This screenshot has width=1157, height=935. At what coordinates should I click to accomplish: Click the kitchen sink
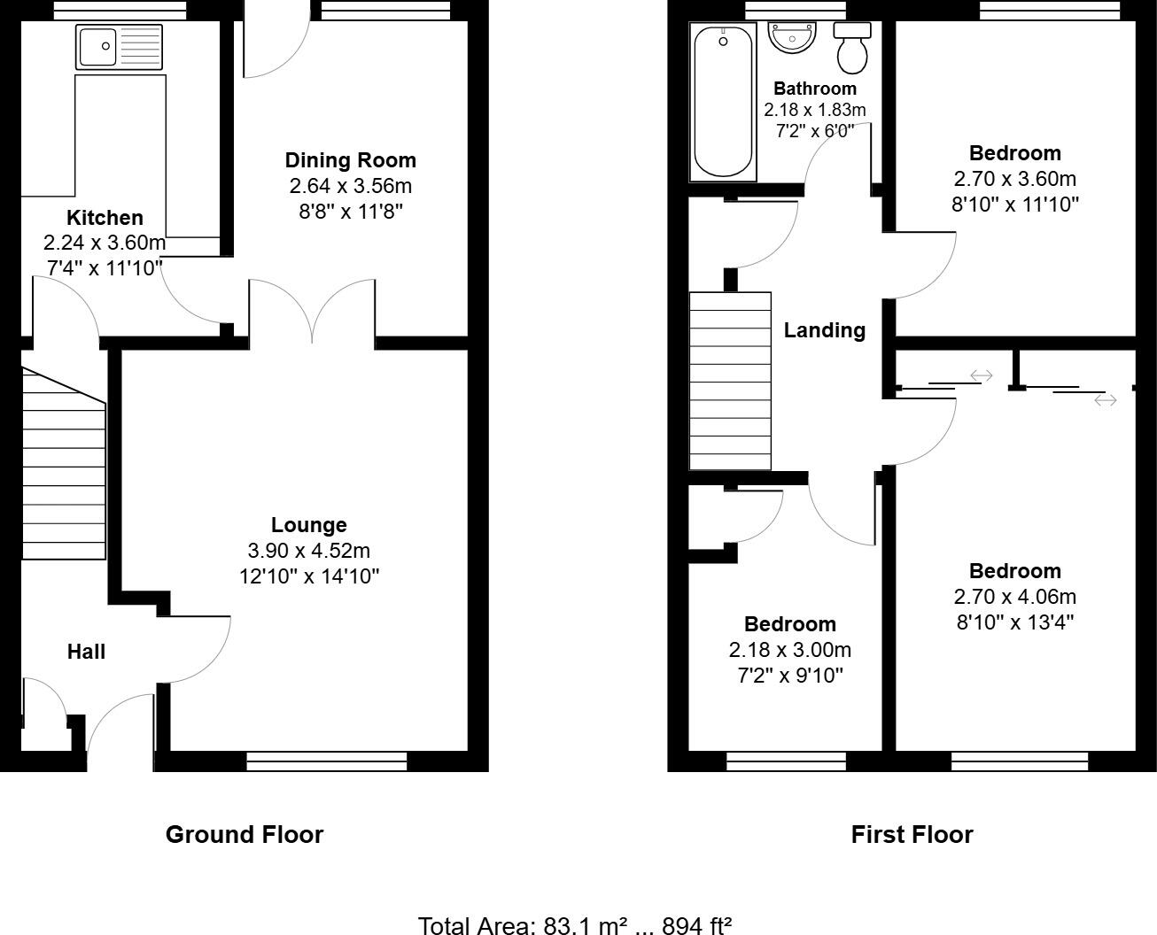click(120, 47)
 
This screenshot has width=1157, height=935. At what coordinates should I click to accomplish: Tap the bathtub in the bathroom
click(724, 102)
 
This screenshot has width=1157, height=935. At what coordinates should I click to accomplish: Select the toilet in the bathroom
click(852, 50)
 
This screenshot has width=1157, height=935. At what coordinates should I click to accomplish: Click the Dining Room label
click(350, 160)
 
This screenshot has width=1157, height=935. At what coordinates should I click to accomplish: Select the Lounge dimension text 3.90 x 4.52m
click(308, 551)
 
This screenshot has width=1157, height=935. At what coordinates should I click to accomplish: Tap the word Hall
click(86, 652)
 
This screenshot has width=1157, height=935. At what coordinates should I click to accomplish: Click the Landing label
click(824, 330)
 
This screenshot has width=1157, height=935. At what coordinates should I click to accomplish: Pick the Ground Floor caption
click(245, 834)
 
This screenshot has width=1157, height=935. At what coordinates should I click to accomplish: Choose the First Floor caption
click(912, 834)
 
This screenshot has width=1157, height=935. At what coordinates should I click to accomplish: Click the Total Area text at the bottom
click(574, 925)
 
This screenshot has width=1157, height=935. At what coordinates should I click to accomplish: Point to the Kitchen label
click(105, 218)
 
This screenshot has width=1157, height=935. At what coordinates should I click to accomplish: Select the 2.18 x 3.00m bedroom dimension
click(789, 650)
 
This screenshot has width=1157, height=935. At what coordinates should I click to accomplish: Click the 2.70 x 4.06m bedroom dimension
click(1014, 597)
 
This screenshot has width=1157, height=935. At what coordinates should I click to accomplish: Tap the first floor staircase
click(730, 381)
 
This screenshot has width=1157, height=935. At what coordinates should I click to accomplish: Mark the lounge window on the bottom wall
click(326, 761)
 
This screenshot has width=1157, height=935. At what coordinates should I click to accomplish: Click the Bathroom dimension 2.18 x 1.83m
click(814, 110)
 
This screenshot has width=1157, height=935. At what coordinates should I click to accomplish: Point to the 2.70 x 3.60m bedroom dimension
click(1014, 179)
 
